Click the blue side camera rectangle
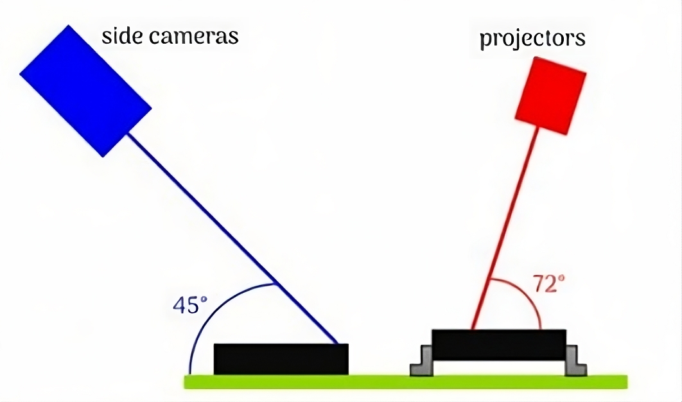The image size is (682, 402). (x=85, y=91)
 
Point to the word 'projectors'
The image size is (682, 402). (x=532, y=38)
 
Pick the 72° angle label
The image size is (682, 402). (x=548, y=284)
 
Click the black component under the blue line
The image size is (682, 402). (x=281, y=359)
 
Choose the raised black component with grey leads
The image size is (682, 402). (x=498, y=344)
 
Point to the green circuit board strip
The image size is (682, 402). (x=405, y=381)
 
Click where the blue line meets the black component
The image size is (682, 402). (x=338, y=344)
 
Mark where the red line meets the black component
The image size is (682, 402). (x=473, y=329)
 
